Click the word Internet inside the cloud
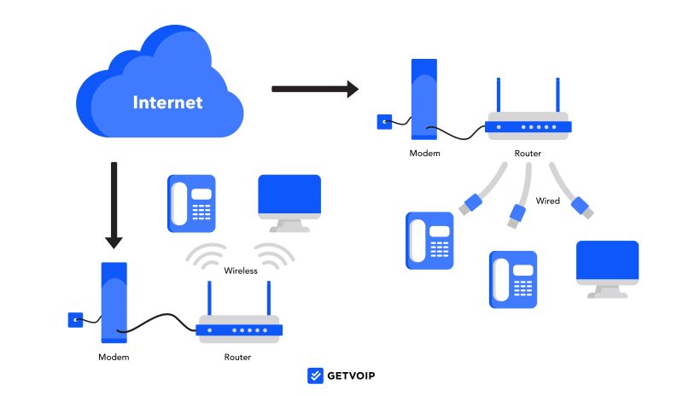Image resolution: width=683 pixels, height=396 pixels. point(167,103)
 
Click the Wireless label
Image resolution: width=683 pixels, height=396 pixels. point(241,271)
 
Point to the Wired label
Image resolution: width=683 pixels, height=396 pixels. point(547,201)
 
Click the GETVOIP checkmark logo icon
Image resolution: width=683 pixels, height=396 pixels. point(315,376)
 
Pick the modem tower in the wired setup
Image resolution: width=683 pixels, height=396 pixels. point(424,98)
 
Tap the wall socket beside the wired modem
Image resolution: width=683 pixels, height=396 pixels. point(385,121)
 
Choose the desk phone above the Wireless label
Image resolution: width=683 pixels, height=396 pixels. point(191,203)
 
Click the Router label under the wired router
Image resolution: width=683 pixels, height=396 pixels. point(528,154)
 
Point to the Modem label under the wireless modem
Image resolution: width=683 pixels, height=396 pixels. point(114,357)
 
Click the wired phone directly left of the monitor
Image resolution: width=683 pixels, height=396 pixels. point(512,279)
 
